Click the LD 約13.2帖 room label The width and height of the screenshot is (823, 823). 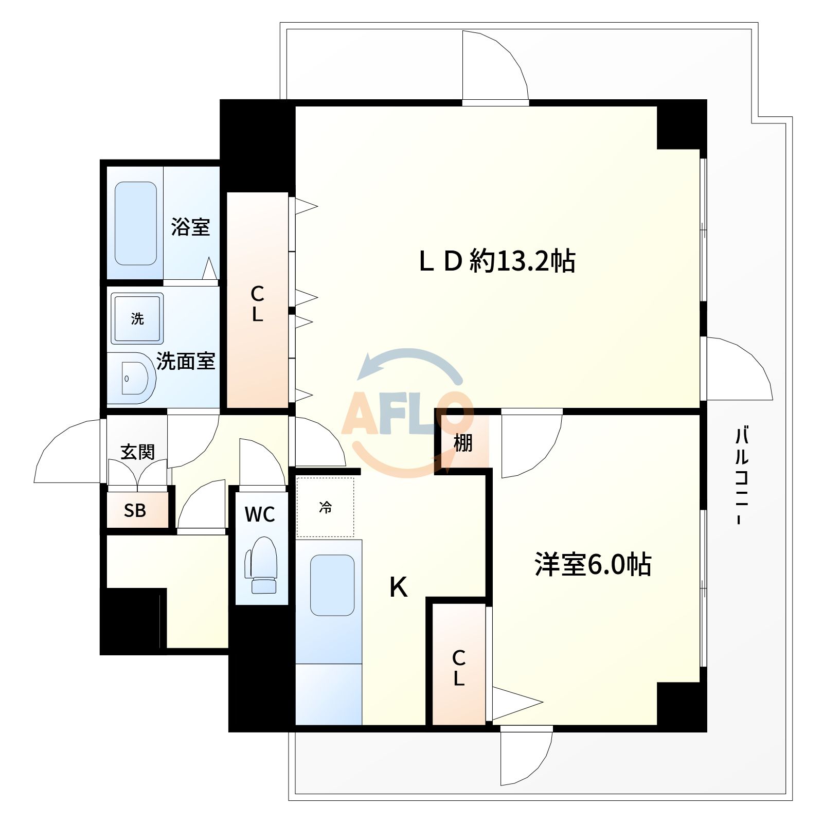click(497, 261)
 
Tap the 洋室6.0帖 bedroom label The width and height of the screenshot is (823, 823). click(593, 564)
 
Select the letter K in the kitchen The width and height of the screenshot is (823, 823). click(399, 587)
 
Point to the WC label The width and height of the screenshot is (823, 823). click(260, 514)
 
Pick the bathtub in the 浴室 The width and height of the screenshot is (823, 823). click(135, 223)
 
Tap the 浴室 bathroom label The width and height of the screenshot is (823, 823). click(190, 227)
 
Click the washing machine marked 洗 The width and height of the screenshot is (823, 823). click(137, 318)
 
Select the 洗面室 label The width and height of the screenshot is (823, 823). click(185, 361)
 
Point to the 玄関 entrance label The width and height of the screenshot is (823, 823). click(137, 452)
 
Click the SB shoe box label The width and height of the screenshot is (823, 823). click(135, 510)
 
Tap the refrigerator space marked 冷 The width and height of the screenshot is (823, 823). click(325, 508)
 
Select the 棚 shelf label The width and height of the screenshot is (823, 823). click(463, 442)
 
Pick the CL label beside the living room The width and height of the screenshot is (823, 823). click(257, 304)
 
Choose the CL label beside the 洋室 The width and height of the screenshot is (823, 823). click(459, 668)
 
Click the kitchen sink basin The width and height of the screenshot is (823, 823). click(332, 585)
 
